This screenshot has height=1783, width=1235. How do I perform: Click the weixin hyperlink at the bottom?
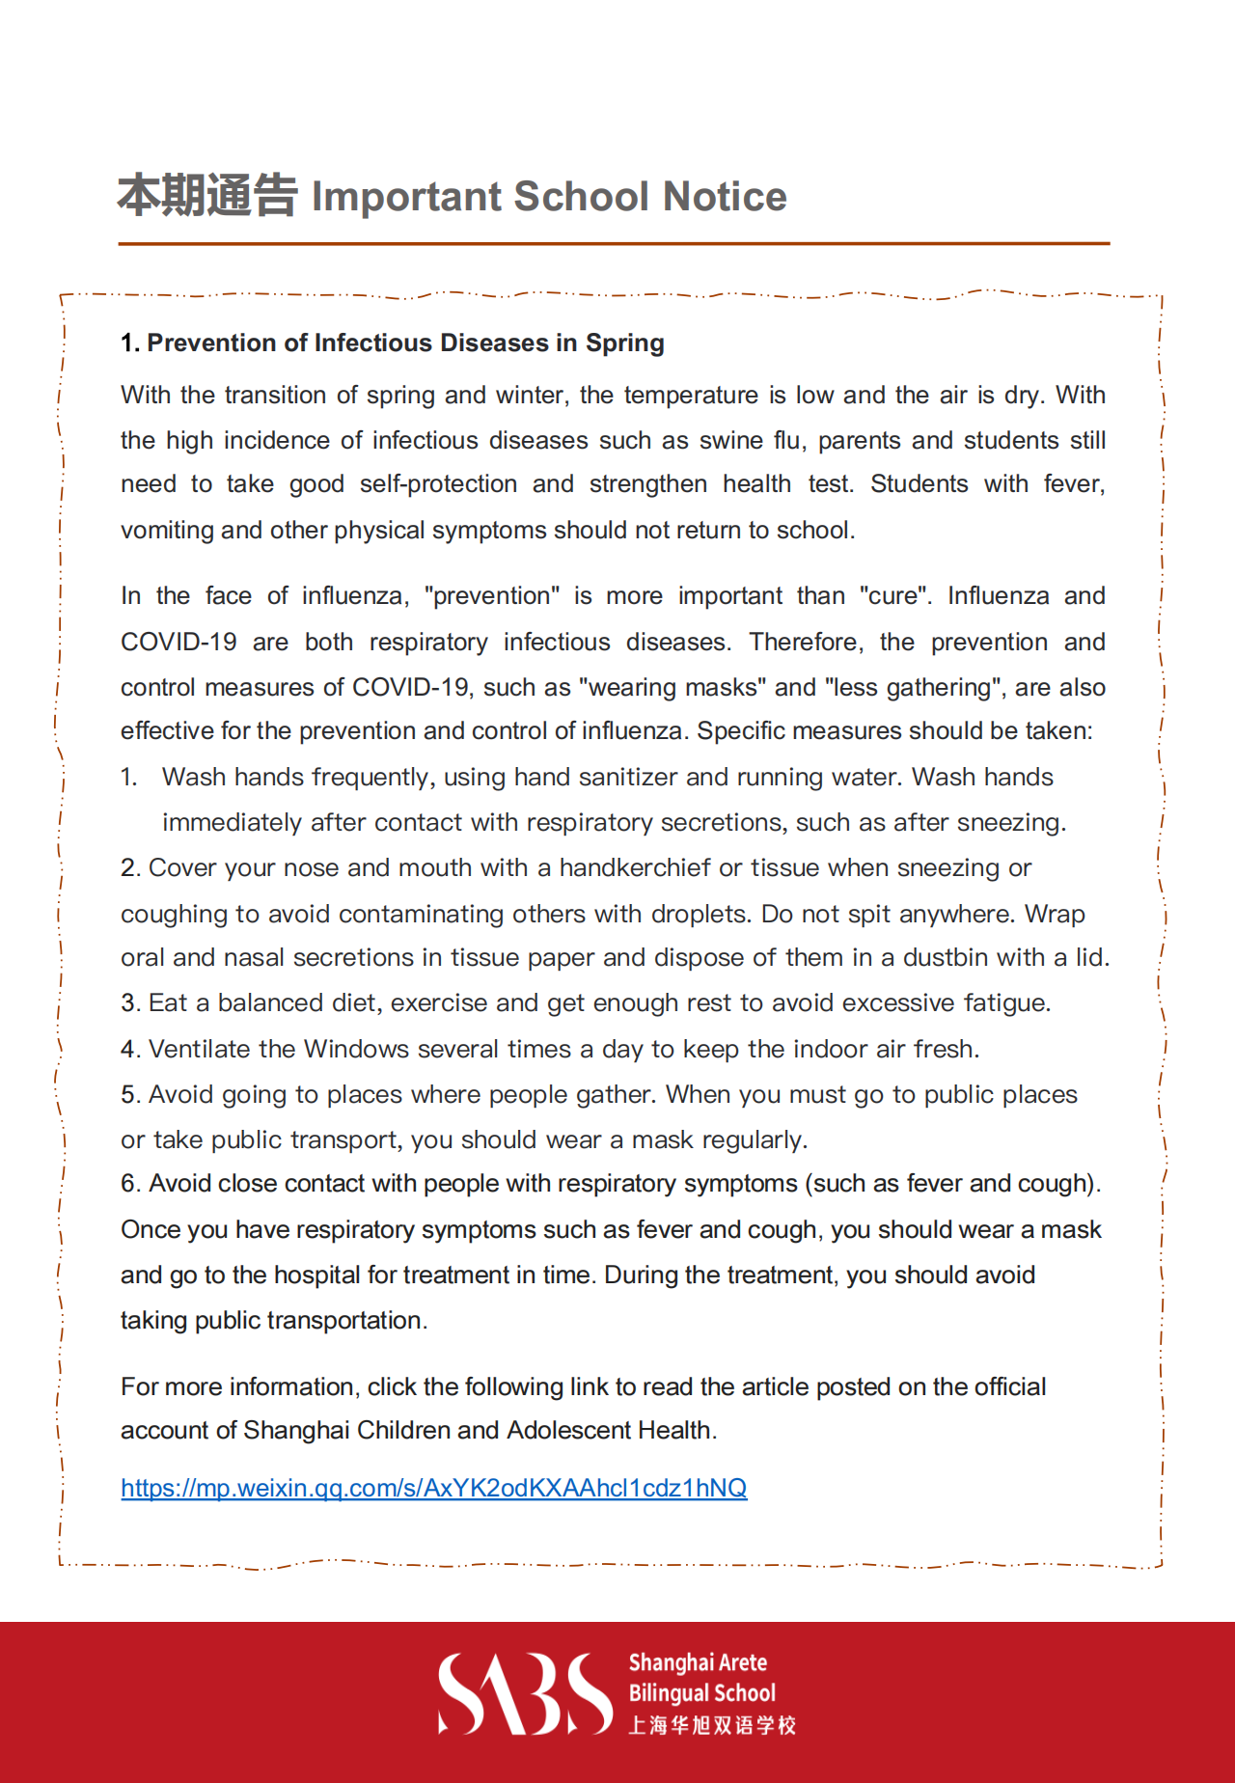pyautogui.click(x=433, y=1488)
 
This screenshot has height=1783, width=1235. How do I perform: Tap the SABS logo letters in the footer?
pyautogui.click(x=525, y=1693)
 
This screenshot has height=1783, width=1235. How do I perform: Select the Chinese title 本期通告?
pyautogui.click(x=207, y=196)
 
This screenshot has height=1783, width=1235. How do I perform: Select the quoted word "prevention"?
pyautogui.click(x=491, y=596)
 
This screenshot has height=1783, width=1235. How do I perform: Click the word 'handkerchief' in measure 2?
pyautogui.click(x=635, y=868)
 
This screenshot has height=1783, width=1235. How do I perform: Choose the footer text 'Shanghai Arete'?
pyautogui.click(x=698, y=1662)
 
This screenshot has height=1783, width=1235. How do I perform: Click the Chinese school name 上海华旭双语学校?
pyautogui.click(x=712, y=1725)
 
